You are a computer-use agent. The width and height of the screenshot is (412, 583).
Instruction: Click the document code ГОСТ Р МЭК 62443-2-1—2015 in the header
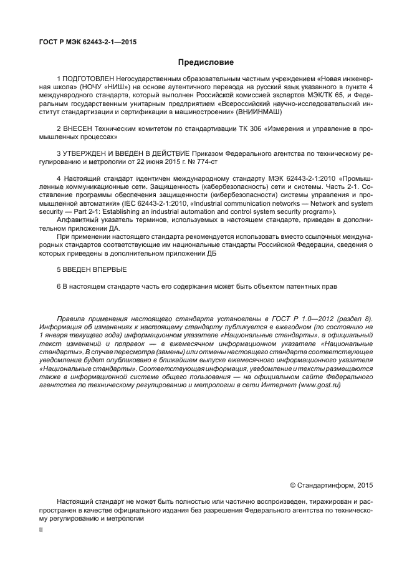tap(87, 42)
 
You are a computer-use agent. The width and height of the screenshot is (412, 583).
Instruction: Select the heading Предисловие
tap(206, 62)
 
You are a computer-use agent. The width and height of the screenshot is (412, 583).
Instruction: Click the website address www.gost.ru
tap(320, 385)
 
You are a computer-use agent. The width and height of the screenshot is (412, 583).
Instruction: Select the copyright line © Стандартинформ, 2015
tap(331, 484)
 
